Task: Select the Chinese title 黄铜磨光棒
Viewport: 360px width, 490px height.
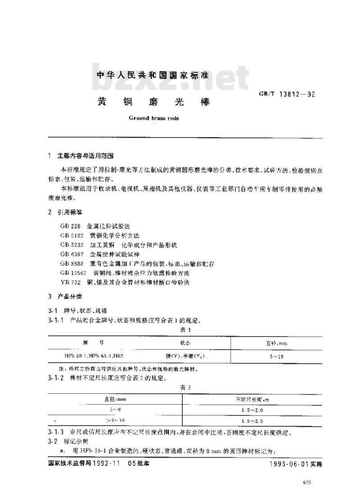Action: pos(153,102)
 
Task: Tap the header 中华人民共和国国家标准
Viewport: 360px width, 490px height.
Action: pos(153,76)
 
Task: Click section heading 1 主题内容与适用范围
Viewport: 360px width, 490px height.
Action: pos(81,156)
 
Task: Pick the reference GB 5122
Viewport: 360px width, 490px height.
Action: pos(72,235)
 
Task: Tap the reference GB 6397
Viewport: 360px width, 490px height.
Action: pos(72,254)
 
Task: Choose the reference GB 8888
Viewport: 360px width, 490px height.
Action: pos(72,263)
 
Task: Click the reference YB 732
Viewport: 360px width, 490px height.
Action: pos(70,282)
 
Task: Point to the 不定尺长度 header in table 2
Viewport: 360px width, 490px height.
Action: pos(252,399)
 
